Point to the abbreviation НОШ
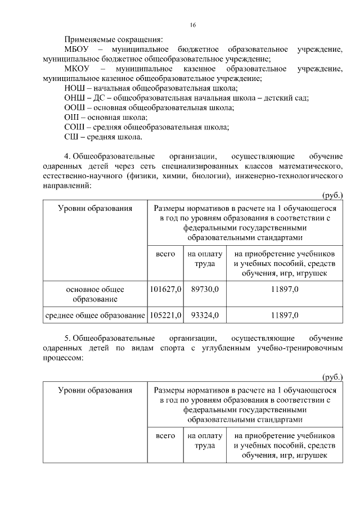[74, 88]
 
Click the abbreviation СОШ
[74, 127]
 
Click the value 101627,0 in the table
[165, 289]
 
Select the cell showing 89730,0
[205, 289]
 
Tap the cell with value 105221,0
[165, 316]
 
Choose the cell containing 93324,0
[205, 316]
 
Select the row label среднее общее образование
[95, 316]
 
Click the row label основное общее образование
[95, 294]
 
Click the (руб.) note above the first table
[332, 195]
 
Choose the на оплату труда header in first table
[205, 259]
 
